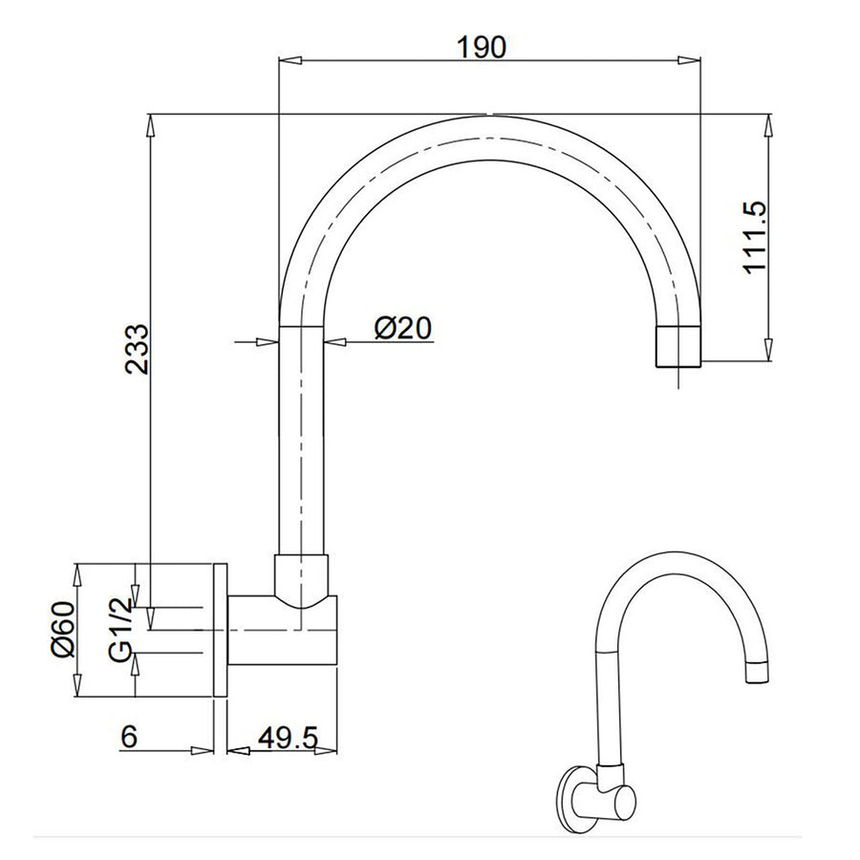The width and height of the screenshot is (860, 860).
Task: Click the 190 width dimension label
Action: pos(482,47)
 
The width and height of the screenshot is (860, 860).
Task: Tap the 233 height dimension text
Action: pos(136,350)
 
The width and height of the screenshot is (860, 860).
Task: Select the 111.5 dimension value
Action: pos(755,236)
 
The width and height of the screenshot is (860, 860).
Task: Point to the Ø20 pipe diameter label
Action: pos(403,329)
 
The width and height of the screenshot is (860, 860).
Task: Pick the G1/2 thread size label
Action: pos(120,629)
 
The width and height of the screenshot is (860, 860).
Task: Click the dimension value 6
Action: pos(129,737)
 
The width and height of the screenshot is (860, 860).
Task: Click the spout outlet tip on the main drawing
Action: pos(678,347)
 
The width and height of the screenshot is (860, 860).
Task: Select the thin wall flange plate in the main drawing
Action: pos(220,631)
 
